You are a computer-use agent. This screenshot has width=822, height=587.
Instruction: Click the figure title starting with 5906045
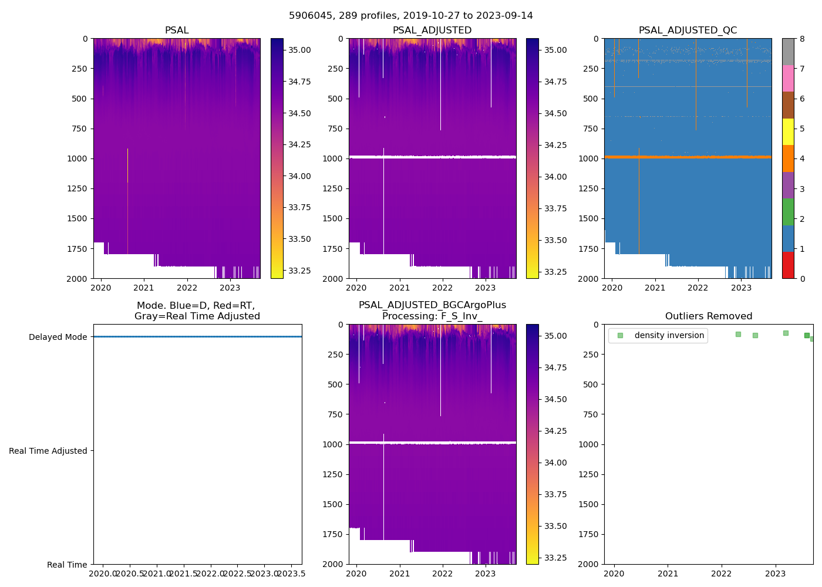(410, 16)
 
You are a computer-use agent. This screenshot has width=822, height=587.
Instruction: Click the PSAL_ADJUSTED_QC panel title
(688, 31)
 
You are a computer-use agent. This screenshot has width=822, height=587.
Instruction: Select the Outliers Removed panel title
(708, 316)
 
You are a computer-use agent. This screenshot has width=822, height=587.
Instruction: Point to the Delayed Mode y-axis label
(58, 337)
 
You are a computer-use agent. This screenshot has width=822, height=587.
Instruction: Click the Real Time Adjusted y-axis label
(48, 451)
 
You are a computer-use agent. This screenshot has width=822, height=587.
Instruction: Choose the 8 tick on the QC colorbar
(801, 39)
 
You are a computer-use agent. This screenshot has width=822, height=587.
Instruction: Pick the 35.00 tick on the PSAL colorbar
(299, 50)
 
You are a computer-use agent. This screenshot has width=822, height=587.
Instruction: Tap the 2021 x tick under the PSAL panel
(144, 288)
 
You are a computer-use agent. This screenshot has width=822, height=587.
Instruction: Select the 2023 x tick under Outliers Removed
(775, 573)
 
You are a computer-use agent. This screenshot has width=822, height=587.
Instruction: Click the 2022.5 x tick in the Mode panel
(237, 573)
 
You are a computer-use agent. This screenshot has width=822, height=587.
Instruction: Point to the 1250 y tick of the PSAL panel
(78, 188)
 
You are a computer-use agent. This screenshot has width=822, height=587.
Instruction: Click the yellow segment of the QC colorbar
(788, 131)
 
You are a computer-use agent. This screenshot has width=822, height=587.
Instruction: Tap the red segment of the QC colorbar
(788, 265)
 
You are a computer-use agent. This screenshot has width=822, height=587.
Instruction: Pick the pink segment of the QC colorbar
(788, 78)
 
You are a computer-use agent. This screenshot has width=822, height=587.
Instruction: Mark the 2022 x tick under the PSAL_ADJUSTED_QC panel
(698, 288)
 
